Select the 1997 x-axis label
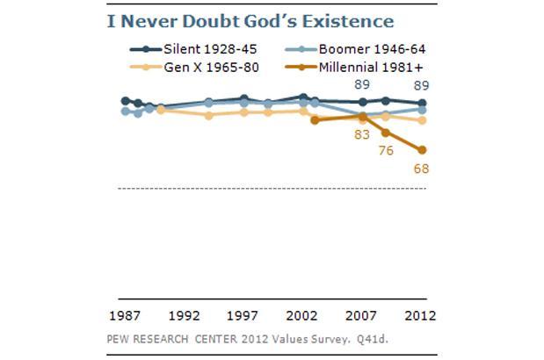click(243, 315)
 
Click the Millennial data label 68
click(422, 169)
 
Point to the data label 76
click(386, 150)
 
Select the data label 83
click(361, 134)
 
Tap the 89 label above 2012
click(422, 86)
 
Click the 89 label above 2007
click(361, 84)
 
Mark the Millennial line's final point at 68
click(423, 150)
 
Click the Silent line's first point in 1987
click(125, 101)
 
